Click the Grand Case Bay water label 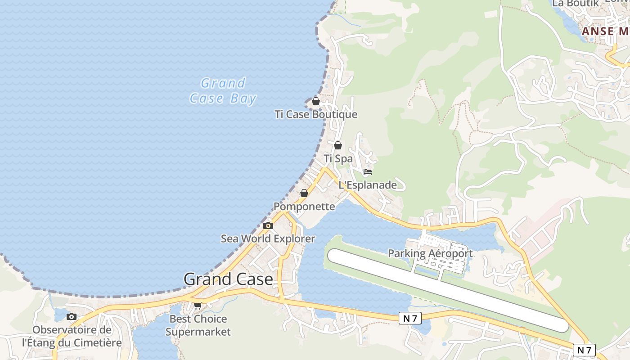tap(223, 91)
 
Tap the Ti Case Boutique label tap(316, 114)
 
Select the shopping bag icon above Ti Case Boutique tap(316, 101)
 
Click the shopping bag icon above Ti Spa tap(338, 145)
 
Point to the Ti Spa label tap(338, 159)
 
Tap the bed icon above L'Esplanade tap(368, 171)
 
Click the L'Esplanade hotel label tap(368, 185)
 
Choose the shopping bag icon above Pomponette tap(304, 193)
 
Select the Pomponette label tap(304, 207)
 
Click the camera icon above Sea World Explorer tap(268, 225)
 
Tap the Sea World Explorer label tap(268, 238)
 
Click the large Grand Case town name tap(228, 279)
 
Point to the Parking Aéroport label tap(430, 253)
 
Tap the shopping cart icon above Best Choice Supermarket tap(198, 306)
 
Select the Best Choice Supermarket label tap(198, 325)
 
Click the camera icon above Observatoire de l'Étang tap(72, 317)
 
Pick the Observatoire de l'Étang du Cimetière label tap(72, 336)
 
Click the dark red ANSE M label tap(605, 31)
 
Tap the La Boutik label tap(576, 3)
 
